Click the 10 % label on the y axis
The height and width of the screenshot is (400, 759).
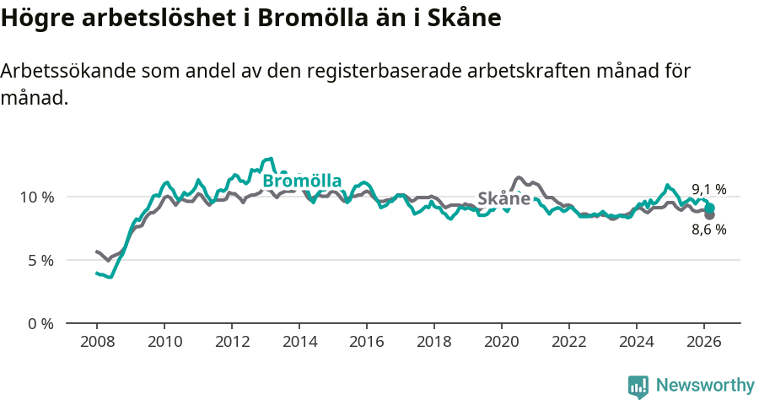(36, 197)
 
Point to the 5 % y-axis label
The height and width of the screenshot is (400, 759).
(40, 260)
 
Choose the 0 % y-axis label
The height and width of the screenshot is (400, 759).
(40, 323)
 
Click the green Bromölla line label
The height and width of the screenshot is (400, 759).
(302, 181)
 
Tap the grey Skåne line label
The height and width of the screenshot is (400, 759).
(504, 199)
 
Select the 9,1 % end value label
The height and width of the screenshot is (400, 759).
(709, 190)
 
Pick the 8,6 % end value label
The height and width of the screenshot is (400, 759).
(709, 230)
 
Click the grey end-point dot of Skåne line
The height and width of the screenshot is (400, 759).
(710, 215)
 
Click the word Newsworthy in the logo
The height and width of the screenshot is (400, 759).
(705, 386)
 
